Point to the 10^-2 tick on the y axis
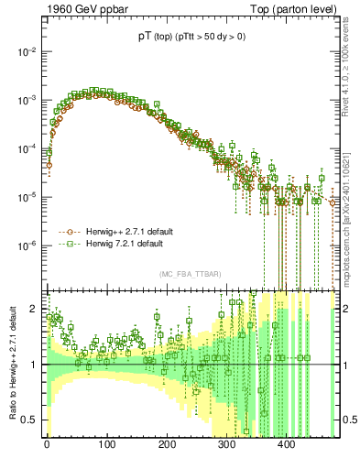coord(25,51)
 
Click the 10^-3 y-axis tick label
coord(25,99)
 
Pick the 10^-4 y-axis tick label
coord(25,147)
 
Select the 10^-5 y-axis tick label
coord(25,196)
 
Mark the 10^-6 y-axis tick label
coord(25,245)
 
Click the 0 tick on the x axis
coord(47,445)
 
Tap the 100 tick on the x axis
coord(106,445)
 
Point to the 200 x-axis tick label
coord(167,445)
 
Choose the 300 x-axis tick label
coord(226,445)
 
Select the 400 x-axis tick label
coord(287,445)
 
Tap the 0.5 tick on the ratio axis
coord(30,420)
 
